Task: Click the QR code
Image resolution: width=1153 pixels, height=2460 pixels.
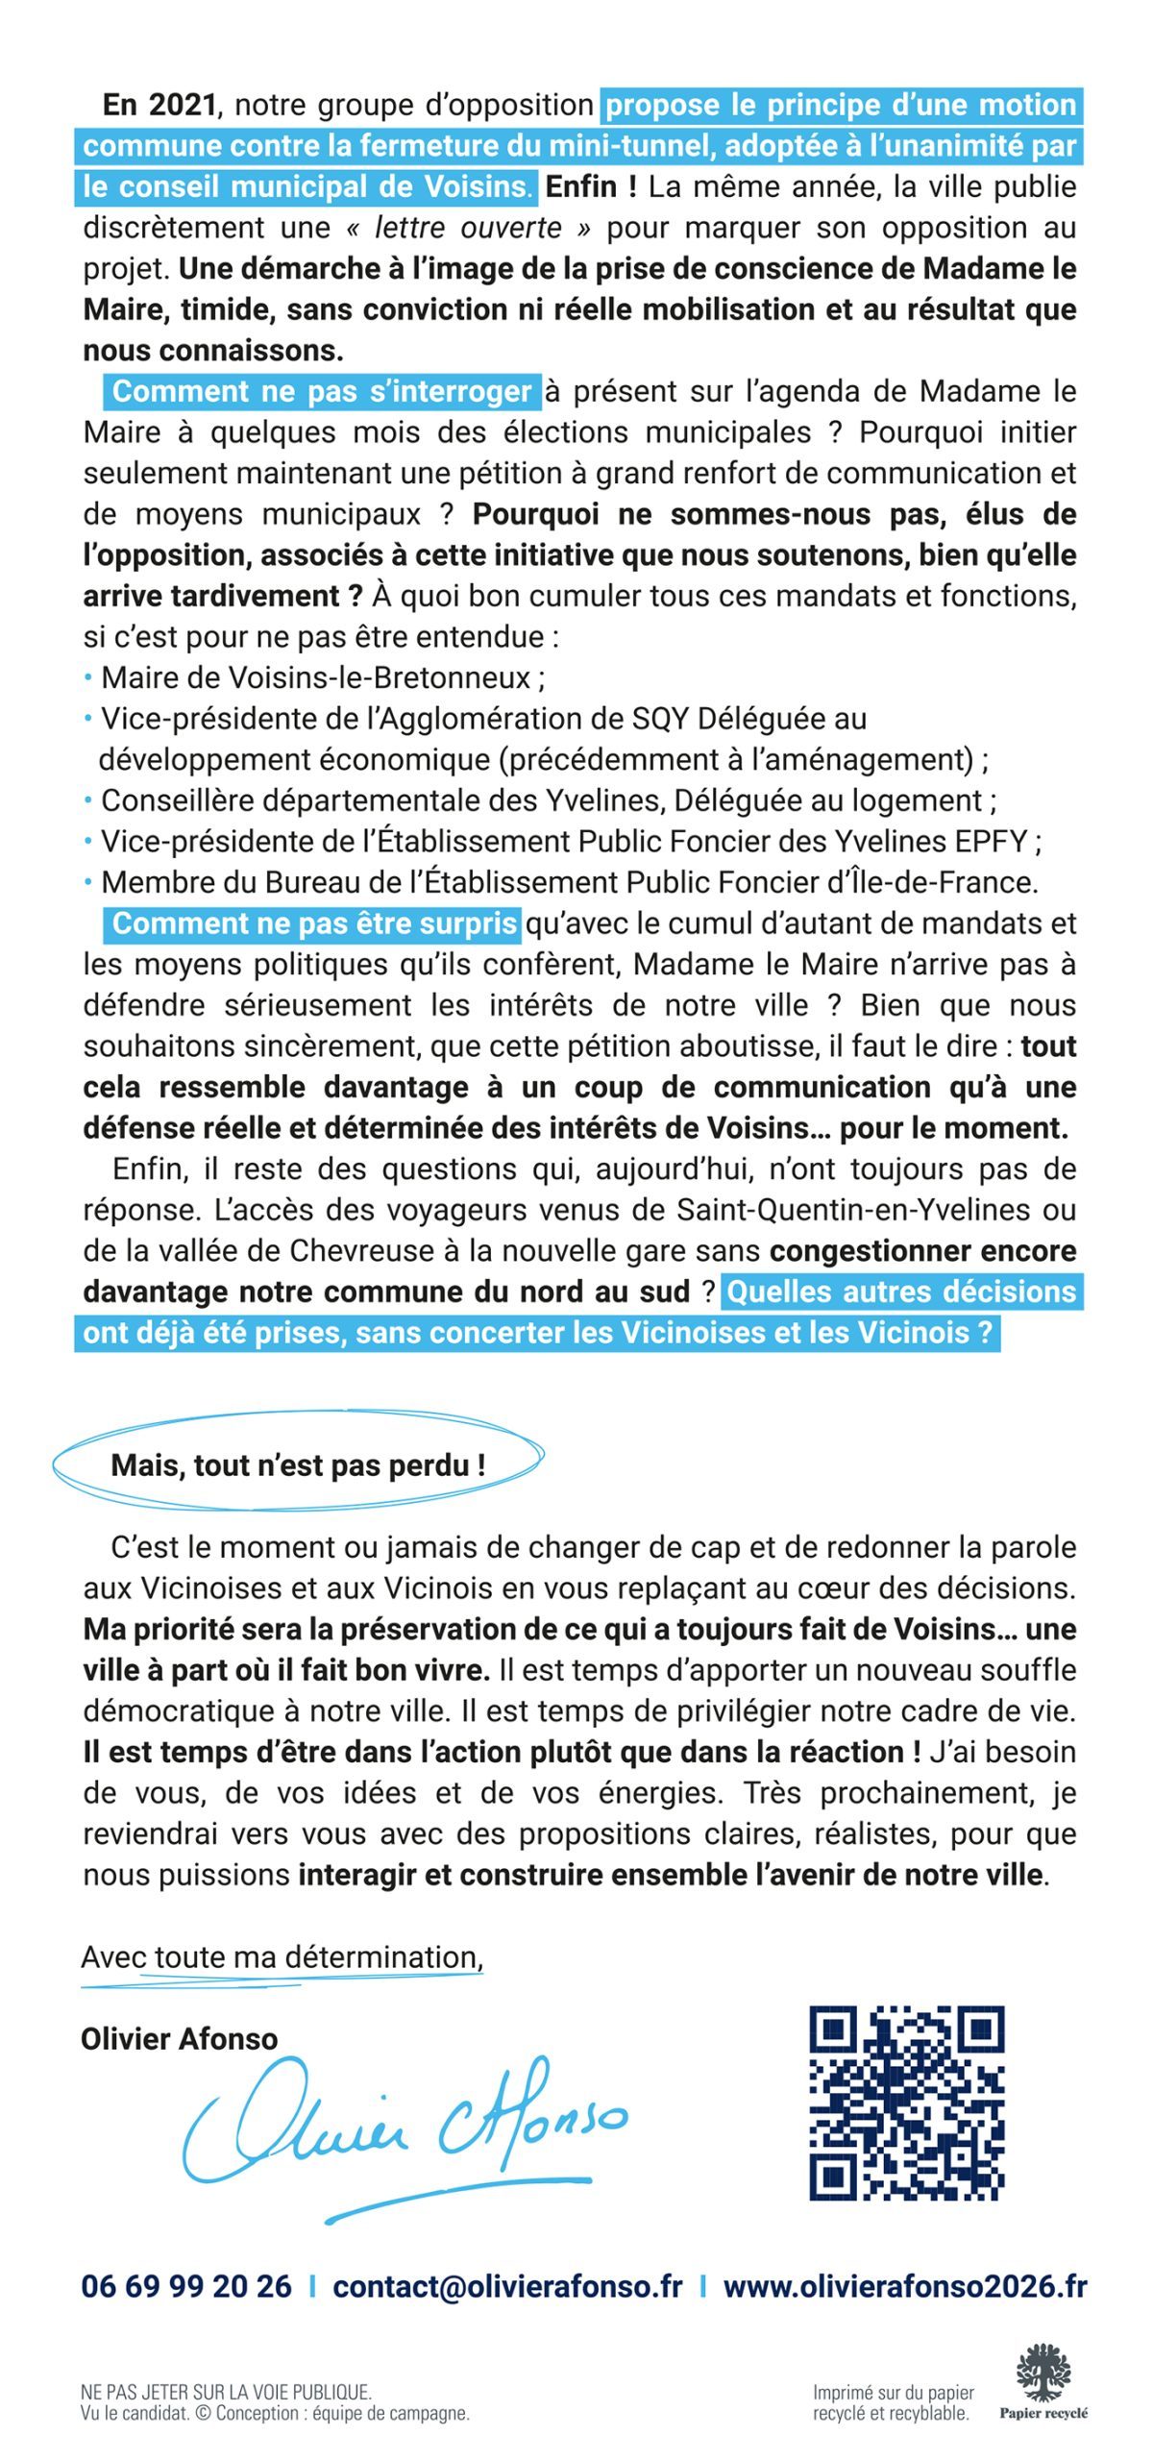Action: tap(906, 2103)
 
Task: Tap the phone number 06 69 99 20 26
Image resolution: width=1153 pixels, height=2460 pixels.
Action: tap(185, 2286)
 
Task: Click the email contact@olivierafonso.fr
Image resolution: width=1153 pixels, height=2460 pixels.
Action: tap(507, 2286)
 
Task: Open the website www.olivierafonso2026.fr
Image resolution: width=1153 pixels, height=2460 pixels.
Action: tap(904, 2286)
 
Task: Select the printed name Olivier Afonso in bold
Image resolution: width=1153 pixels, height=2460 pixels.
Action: tap(179, 2038)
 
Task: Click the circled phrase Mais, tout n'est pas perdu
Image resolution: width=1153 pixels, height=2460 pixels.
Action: tap(298, 1464)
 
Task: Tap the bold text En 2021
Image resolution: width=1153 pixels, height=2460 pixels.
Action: tap(159, 105)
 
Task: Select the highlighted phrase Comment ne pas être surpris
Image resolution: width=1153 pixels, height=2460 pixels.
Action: tap(314, 922)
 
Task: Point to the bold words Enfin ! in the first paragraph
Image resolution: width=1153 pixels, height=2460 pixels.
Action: tap(591, 186)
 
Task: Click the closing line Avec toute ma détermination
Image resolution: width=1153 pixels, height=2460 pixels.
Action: tap(282, 1956)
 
